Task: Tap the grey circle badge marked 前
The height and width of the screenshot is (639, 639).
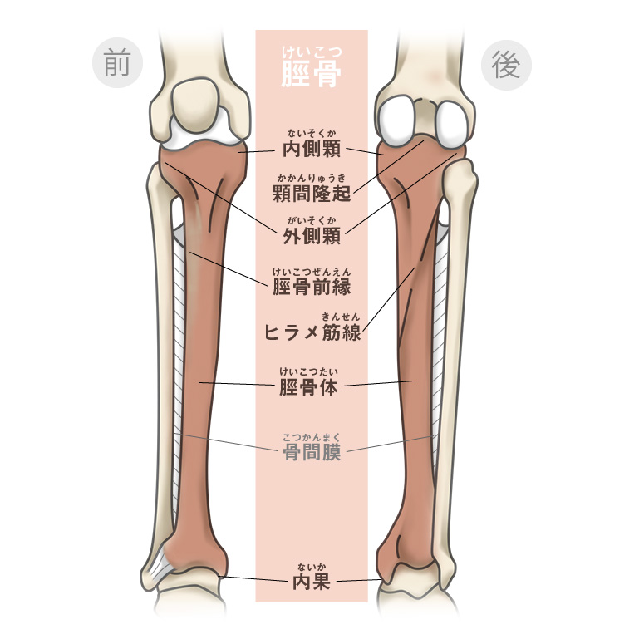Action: click(117, 63)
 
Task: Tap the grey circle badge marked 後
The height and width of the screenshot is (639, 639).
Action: click(506, 63)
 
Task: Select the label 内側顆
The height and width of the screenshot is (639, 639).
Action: click(312, 150)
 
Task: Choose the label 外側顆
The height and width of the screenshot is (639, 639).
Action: click(312, 236)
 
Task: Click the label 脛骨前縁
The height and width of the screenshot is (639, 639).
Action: click(312, 287)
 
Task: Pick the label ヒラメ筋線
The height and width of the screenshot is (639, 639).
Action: click(312, 332)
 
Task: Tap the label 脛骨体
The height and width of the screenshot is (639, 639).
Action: click(312, 386)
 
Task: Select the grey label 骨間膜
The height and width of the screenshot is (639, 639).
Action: click(312, 453)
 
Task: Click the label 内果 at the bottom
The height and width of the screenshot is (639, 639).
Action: click(312, 581)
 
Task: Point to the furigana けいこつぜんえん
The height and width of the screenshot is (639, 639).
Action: click(312, 270)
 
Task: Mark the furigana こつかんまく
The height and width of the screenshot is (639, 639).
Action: click(312, 437)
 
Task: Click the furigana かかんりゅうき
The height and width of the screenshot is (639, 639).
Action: click(312, 177)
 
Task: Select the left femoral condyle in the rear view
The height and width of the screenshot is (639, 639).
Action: click(401, 118)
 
